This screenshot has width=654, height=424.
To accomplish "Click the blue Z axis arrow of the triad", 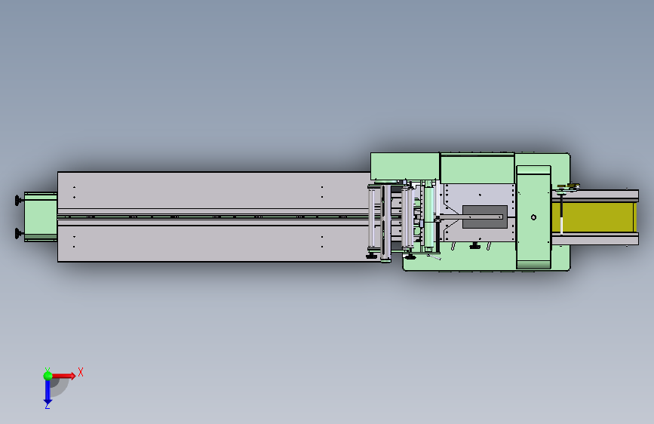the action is point(48,392).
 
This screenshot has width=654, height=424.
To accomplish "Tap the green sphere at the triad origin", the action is point(48,376).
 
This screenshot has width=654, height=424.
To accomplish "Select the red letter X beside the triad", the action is point(81,372).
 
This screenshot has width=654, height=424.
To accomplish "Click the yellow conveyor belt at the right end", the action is point(594,217).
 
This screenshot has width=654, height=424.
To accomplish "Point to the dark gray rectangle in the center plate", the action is point(485,217).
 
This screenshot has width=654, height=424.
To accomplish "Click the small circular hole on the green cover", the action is point(533,217).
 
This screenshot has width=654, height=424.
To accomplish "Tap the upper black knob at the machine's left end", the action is point(18,201).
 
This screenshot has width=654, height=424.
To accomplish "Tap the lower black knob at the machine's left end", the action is point(18,233).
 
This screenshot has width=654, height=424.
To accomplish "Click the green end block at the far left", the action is point(41,217).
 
